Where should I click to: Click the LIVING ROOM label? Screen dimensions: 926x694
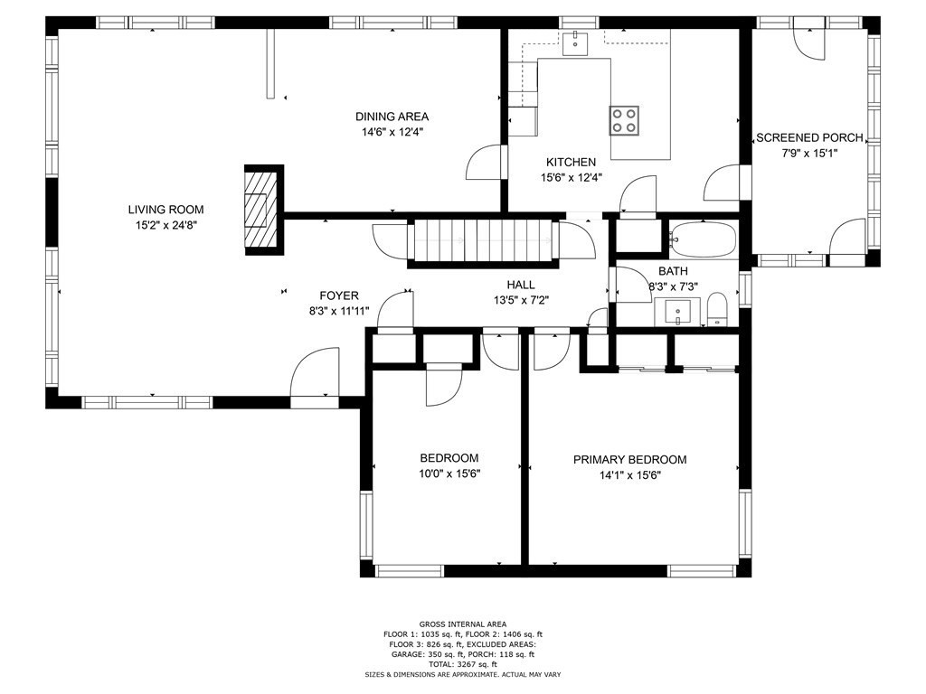[x=166, y=210]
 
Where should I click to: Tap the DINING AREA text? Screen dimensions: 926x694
[x=392, y=117]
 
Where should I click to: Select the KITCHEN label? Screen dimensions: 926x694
[x=572, y=163]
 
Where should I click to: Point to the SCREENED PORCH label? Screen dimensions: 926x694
[x=809, y=138]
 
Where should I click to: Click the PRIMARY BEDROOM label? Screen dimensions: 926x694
[x=630, y=460]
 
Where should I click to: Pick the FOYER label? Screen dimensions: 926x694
[x=339, y=295]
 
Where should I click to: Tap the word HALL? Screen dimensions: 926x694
[x=521, y=285]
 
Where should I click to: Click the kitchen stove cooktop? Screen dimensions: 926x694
[x=624, y=120]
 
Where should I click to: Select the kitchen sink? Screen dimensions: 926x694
[x=574, y=43]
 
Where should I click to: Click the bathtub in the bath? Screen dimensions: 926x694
[x=704, y=239]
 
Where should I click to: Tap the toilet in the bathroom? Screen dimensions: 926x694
[x=717, y=308]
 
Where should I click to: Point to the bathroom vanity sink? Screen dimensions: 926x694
[x=677, y=312]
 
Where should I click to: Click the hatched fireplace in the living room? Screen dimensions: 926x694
[x=260, y=210]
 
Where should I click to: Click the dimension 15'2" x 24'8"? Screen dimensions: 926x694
[x=166, y=225]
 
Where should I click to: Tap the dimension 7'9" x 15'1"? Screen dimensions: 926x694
[x=809, y=154]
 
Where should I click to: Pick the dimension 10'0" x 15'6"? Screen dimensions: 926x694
[x=449, y=474]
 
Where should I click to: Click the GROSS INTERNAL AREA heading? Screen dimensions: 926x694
[x=463, y=624]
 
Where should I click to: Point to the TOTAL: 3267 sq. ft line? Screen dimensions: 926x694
[x=463, y=664]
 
